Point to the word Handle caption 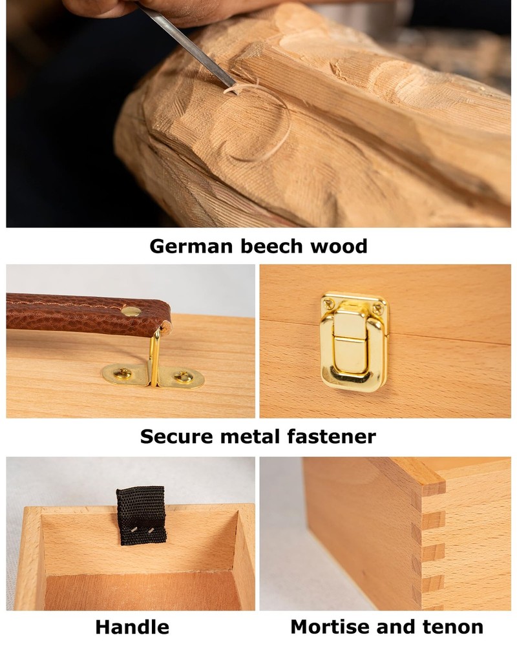click(132, 627)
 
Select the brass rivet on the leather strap click(131, 311)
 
